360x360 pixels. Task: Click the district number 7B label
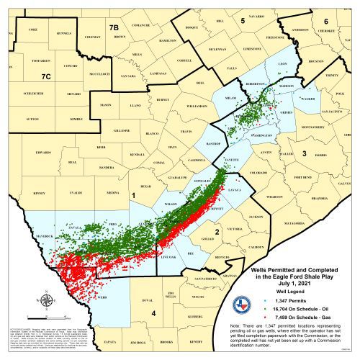click(114, 28)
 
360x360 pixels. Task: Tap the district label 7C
click(46, 76)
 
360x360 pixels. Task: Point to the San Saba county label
click(129, 75)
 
